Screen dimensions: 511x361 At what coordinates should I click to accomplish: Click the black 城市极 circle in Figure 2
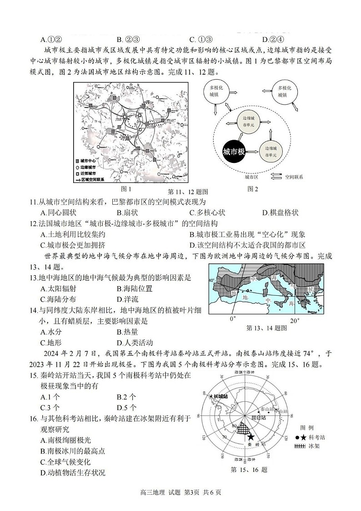[x=234, y=152]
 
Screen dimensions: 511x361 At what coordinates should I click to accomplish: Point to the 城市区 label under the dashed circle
[x=251, y=177]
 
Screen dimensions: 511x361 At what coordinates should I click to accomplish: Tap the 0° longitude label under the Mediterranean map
[x=233, y=319]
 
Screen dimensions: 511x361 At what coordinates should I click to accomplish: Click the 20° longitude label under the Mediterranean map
[x=295, y=320]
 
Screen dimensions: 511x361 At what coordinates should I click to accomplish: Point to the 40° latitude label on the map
[x=212, y=280]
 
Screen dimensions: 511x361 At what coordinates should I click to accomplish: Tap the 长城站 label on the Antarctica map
[x=220, y=396]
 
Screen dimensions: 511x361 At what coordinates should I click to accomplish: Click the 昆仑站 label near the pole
[x=257, y=416]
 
